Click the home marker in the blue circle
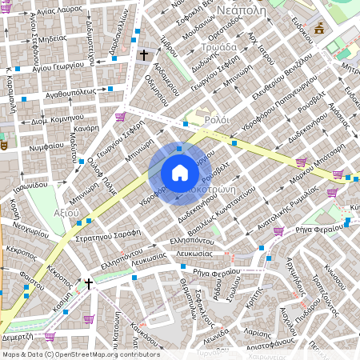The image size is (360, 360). click(x=179, y=173)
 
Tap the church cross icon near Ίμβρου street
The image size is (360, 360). click(x=144, y=55)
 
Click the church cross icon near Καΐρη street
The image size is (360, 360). click(x=89, y=284)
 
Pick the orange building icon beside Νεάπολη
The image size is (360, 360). click(x=320, y=28)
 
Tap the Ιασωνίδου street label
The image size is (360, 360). click(x=38, y=185)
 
